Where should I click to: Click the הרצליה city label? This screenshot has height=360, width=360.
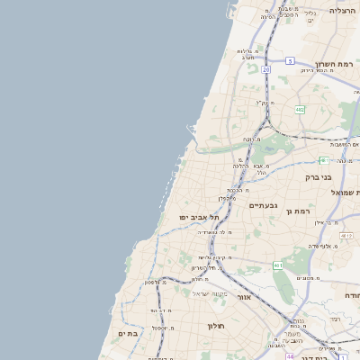click(343, 10)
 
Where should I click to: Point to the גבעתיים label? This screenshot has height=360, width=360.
click(264, 205)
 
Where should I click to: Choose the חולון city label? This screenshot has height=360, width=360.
click(216, 325)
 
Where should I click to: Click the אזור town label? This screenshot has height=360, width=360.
click(245, 296)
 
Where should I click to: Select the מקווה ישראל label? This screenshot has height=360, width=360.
click(212, 293)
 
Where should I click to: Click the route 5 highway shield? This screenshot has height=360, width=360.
click(290, 60)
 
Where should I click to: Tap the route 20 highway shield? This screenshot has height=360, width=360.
click(266, 68)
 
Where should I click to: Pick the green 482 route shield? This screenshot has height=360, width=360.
click(300, 109)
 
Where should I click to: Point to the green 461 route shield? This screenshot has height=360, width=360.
click(278, 265)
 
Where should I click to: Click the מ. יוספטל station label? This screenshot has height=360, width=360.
click(165, 328)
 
